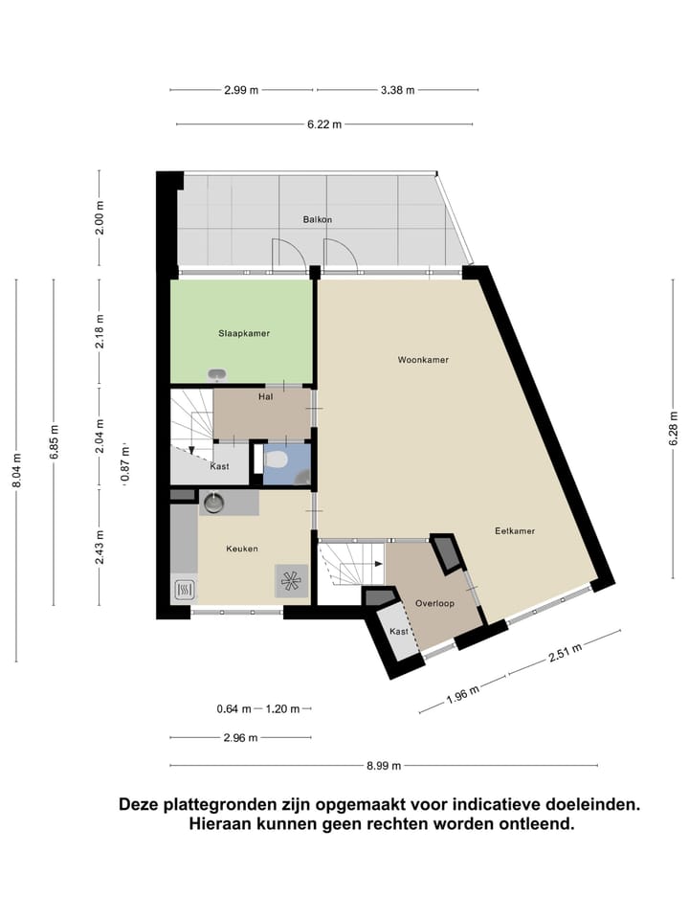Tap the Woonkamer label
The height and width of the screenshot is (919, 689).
423,360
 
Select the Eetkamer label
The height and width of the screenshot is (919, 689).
514,530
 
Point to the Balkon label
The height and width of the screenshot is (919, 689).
317,219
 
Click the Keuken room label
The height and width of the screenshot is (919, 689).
242,549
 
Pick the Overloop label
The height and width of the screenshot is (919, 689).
433,603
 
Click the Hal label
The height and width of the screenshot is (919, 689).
266,396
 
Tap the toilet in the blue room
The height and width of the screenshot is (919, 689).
278,460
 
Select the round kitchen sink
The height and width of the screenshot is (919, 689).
212,501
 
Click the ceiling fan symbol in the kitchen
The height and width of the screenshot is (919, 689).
290,580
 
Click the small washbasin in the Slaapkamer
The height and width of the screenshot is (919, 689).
218,374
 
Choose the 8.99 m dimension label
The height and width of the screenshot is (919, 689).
384,765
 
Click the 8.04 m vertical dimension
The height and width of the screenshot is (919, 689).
16,470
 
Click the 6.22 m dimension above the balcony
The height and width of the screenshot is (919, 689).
324,124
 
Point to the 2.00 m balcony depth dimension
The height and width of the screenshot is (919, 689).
100,218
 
